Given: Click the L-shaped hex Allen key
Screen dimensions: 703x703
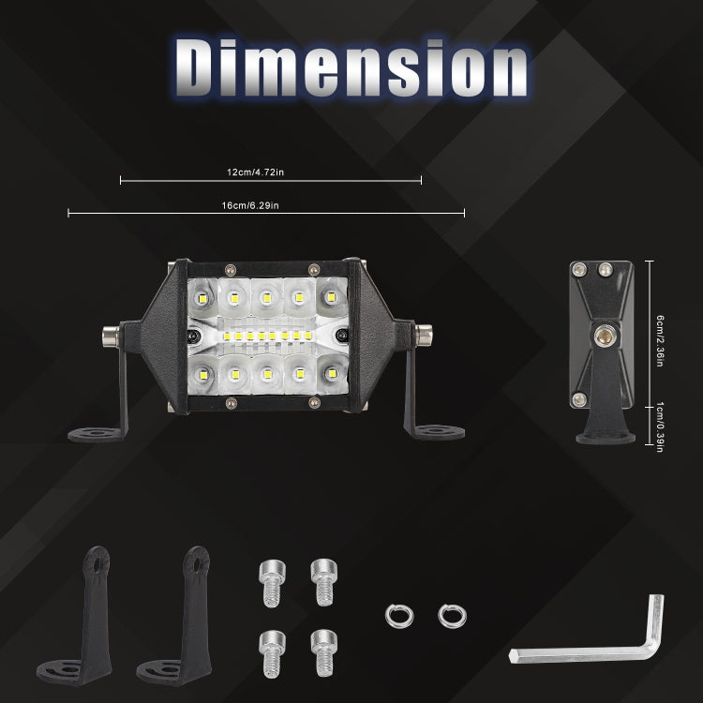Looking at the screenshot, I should [600, 637].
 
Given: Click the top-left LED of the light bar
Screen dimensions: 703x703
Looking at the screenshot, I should [203, 299].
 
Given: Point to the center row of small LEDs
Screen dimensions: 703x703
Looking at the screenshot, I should [266, 335].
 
